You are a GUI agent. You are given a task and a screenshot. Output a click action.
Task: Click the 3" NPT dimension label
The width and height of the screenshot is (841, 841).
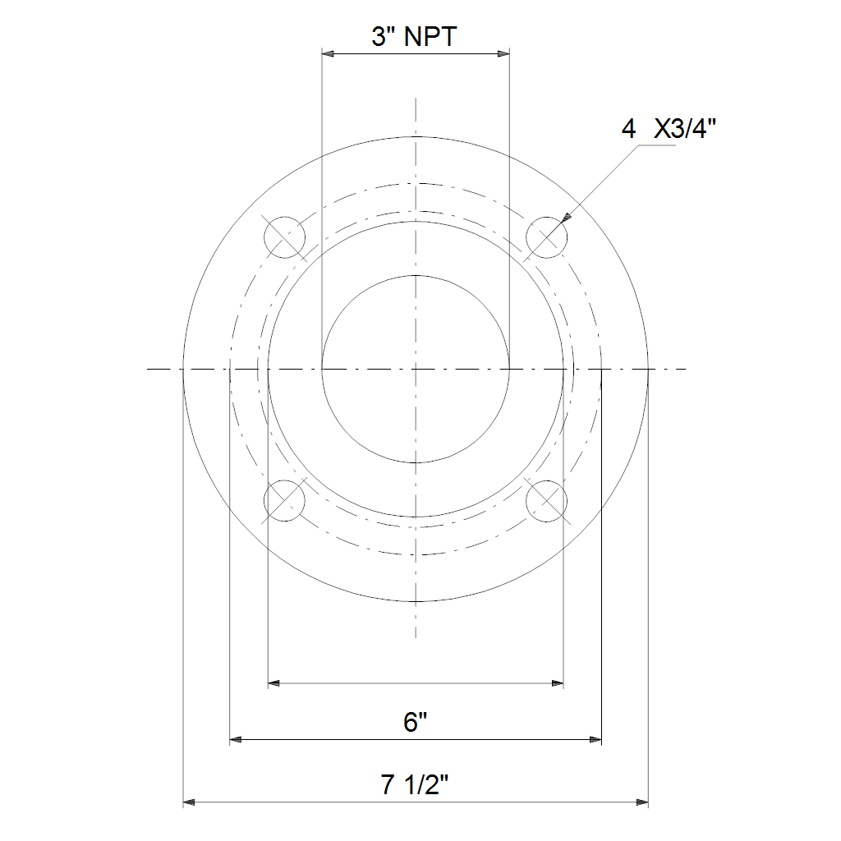[414, 37]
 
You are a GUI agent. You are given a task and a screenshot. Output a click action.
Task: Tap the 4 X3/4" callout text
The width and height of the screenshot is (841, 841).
[669, 129]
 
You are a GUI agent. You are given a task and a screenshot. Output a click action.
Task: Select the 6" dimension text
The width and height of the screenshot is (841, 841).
[415, 722]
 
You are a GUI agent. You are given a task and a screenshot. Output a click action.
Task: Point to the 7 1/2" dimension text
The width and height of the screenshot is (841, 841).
[414, 784]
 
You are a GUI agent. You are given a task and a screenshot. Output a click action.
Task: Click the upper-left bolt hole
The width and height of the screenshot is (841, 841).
[285, 237]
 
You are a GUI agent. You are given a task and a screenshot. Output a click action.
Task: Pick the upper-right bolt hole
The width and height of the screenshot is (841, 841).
[546, 237]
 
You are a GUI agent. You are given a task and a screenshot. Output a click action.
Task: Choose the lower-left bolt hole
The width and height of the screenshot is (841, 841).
[285, 500]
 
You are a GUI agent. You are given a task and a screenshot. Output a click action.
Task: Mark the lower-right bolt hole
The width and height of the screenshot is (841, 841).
[546, 500]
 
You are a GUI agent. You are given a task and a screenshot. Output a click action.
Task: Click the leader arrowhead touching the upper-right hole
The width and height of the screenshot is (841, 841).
[567, 217]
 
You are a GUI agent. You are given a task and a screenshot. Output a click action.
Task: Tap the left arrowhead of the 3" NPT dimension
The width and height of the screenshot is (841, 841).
[328, 53]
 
